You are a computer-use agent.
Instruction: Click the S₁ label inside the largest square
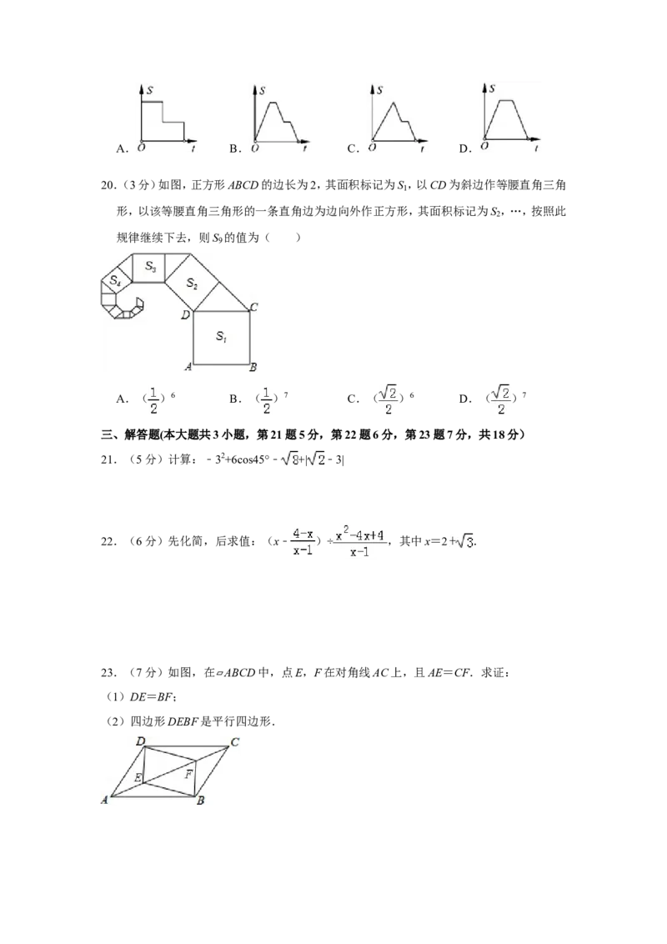point(220,336)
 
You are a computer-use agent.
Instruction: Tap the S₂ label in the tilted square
point(192,284)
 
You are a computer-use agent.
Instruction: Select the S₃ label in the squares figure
point(150,266)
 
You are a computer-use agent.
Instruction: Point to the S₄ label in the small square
point(116,280)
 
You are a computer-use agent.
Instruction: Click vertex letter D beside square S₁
point(186,315)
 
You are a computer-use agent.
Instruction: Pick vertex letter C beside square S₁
point(253,307)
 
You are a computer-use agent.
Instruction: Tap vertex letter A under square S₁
point(188,366)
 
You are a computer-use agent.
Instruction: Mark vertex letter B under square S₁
point(253,366)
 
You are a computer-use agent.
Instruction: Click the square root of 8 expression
point(289,458)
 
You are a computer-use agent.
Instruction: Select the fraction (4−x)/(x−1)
point(303,541)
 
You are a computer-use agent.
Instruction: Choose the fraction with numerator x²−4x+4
point(359,541)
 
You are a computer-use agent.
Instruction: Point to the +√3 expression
point(461,541)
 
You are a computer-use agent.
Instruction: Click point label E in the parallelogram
point(138,778)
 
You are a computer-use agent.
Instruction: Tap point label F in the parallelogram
point(188,775)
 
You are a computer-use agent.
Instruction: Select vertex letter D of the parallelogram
point(141,741)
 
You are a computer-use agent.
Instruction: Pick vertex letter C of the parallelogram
point(235,741)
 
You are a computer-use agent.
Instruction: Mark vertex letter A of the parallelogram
point(105,801)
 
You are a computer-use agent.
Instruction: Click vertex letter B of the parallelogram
point(201,801)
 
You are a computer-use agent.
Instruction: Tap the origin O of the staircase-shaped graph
point(138,148)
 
